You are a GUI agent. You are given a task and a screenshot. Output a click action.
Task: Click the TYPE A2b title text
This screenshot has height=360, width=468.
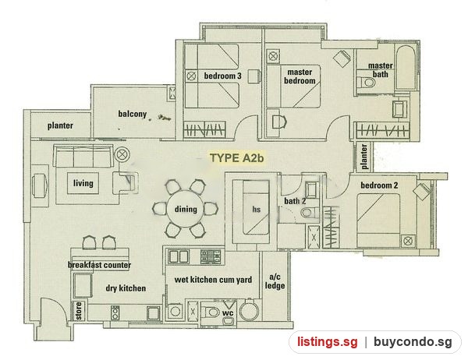pyautogui.click(x=236, y=157)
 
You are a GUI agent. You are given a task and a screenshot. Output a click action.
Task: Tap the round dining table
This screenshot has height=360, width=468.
pyautogui.click(x=186, y=209)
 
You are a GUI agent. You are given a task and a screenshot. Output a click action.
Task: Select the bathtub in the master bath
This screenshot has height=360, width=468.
pyautogui.click(x=406, y=67)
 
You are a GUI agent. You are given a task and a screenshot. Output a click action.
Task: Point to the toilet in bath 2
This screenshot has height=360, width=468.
pyautogui.click(x=309, y=213)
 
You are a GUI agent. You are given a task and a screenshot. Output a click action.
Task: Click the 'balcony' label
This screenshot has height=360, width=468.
pyautogui.click(x=133, y=114)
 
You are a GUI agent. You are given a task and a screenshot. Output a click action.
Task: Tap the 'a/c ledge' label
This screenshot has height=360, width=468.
pyautogui.click(x=275, y=281)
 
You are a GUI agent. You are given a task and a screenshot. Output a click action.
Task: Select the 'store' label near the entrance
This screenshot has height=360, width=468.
pyautogui.click(x=79, y=311)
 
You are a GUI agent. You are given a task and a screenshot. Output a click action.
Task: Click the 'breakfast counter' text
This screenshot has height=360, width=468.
pyautogui.click(x=99, y=265)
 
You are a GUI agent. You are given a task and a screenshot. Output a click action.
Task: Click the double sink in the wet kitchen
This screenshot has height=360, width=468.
pyautogui.click(x=179, y=256)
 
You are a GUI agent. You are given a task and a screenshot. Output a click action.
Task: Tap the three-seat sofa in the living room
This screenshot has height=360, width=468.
pyautogui.click(x=83, y=156)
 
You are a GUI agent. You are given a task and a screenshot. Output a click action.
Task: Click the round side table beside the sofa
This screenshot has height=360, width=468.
pyautogui.click(x=122, y=155)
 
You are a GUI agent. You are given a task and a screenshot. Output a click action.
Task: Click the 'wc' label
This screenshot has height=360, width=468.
pyautogui.click(x=228, y=313)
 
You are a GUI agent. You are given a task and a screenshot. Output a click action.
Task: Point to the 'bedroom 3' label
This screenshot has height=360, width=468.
pyautogui.click(x=222, y=76)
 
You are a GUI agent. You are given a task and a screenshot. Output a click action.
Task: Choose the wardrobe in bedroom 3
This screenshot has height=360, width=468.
pyautogui.click(x=204, y=129)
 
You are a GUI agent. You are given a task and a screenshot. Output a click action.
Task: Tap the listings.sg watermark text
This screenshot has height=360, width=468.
pyautogui.click(x=328, y=342)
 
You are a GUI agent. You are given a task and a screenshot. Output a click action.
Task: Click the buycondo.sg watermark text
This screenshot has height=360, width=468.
pyautogui.click(x=413, y=342)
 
